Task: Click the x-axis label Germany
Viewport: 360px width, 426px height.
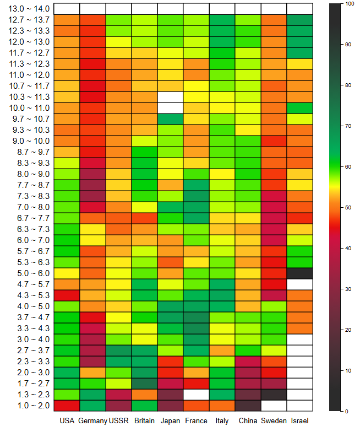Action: click(x=92, y=422)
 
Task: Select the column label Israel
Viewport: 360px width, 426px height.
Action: click(x=299, y=422)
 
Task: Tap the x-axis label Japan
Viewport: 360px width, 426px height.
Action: click(x=170, y=422)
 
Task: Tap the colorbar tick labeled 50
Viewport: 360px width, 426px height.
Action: click(x=348, y=207)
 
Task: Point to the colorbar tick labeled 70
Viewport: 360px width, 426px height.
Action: click(x=348, y=126)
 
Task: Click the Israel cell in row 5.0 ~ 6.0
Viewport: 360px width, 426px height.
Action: click(x=299, y=273)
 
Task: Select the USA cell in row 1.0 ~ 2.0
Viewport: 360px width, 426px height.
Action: click(x=67, y=406)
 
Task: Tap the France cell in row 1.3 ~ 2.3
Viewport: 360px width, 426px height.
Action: click(x=196, y=395)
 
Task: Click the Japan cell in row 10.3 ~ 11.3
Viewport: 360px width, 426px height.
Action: click(x=170, y=97)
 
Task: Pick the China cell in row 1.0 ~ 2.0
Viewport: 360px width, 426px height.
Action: click(x=248, y=406)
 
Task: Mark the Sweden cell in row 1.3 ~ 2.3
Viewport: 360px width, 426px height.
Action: click(x=274, y=395)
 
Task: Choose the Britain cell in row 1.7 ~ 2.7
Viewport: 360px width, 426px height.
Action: click(x=144, y=384)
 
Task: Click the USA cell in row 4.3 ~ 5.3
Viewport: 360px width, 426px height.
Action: click(x=67, y=295)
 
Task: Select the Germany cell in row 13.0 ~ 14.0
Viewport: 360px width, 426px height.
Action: click(x=92, y=9)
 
